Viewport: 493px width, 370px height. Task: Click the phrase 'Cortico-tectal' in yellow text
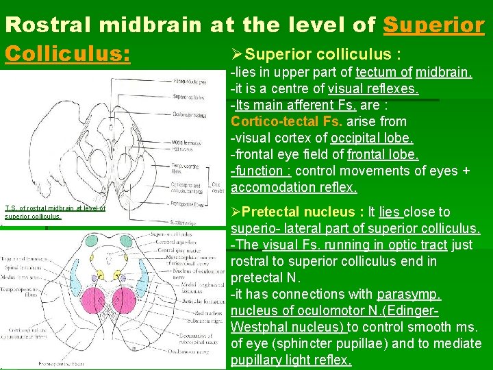point(275,122)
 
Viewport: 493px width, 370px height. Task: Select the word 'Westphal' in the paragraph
point(255,328)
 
